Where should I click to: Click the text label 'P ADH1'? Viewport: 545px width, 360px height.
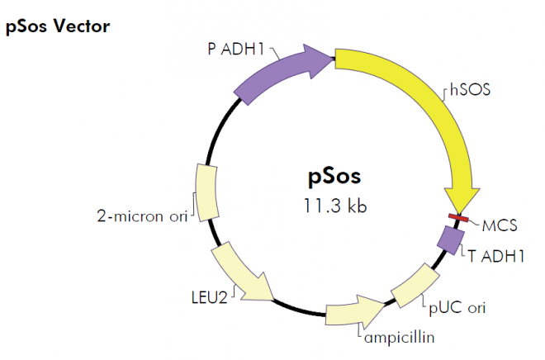[235, 48]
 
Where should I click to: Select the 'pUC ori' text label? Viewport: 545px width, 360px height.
[457, 308]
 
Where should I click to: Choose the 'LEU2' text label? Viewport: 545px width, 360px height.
[209, 296]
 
